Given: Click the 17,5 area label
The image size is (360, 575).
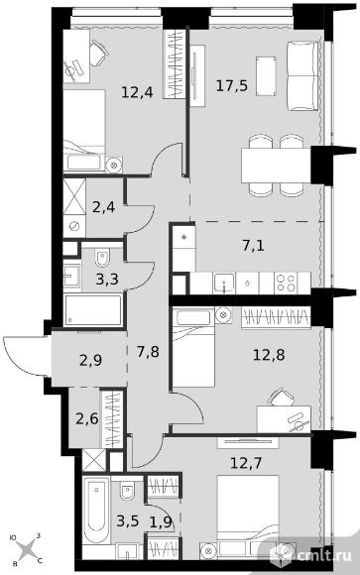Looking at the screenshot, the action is click(232, 86).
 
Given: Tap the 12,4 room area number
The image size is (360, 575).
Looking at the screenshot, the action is click(137, 91).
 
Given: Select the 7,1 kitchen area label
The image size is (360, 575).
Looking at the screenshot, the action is click(253, 246).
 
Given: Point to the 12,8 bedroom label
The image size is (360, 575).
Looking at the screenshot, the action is click(269, 355).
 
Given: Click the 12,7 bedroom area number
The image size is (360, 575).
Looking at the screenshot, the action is click(246, 463).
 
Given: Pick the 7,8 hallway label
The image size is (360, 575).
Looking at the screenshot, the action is click(148, 352).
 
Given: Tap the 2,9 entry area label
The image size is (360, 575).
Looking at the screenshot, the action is click(90, 361).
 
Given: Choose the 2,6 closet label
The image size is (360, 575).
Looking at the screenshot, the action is click(87, 418).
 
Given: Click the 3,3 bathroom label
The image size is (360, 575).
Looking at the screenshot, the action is click(107, 280).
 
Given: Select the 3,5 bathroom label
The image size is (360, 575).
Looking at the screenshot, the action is click(128, 520).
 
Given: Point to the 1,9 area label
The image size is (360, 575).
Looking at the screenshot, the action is click(161, 521).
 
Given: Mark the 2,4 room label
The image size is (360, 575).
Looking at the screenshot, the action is click(103, 207).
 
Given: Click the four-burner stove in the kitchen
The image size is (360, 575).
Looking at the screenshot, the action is click(286, 283).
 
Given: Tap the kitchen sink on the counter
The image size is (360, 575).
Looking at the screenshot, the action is click(223, 284).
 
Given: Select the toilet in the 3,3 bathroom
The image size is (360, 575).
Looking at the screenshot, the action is click(103, 257).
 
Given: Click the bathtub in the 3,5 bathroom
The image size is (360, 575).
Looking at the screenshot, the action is click(96, 510).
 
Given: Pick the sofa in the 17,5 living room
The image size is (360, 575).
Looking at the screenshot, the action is click(302, 76).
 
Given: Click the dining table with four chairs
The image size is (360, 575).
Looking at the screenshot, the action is click(276, 165).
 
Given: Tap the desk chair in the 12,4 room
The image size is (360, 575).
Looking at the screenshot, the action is click(98, 54).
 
